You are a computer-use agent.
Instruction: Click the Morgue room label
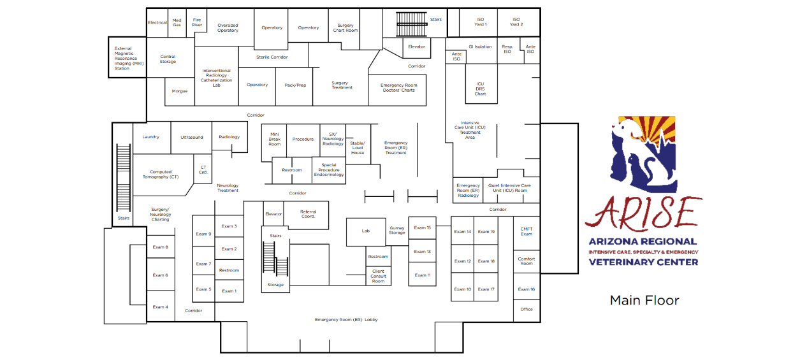pos(180,91)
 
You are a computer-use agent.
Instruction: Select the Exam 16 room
pos(527,289)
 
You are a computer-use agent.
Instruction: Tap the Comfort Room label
pos(527,261)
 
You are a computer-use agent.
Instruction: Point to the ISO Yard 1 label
pos(480,22)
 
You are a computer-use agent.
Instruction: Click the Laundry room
pos(151,137)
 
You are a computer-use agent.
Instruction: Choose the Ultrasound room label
pos(191,137)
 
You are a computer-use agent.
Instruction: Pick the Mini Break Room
pos(274,139)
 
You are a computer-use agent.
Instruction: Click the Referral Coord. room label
pos(308,214)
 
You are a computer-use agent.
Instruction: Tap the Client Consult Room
pos(378,276)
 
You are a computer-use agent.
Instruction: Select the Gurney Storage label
pos(397,230)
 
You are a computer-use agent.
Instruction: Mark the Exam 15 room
pos(422,227)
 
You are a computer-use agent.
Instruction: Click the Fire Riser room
pos(197,22)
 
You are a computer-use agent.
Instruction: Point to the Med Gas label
pos(177,22)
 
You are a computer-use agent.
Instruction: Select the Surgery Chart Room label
pos(345,28)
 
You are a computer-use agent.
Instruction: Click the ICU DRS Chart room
pos(480,89)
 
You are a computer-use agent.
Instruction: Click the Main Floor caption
pos(644,300)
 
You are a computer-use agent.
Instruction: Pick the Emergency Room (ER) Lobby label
pos(346,319)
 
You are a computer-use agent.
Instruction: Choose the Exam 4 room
pos(160,307)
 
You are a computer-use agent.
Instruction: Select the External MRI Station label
pos(126,59)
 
